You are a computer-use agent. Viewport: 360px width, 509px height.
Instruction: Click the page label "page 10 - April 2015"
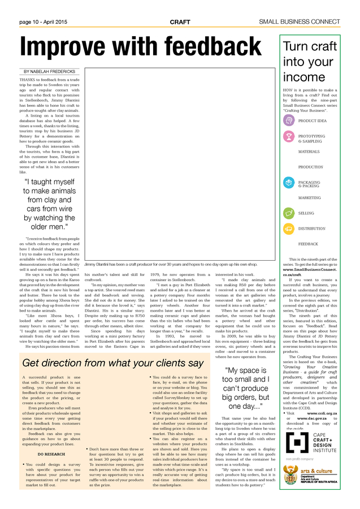coord(43,21)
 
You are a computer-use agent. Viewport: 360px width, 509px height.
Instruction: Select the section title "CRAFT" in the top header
coord(180,21)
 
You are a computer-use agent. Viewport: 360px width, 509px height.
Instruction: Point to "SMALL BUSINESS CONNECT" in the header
coord(307,21)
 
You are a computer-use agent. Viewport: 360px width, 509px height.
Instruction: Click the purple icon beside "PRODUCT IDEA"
coord(289,120)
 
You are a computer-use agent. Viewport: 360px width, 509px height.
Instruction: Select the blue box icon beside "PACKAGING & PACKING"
coord(289,183)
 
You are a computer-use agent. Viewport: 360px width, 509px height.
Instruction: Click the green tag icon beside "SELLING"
coord(289,213)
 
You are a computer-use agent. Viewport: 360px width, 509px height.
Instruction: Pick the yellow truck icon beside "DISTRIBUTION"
coord(289,228)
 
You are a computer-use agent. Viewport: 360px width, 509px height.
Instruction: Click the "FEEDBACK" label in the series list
coord(308,244)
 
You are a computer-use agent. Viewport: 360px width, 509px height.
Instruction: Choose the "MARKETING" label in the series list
coord(309,198)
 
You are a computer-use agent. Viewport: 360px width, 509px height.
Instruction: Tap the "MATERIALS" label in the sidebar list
coord(309,152)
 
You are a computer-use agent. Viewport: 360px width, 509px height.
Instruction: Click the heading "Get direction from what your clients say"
coord(113,347)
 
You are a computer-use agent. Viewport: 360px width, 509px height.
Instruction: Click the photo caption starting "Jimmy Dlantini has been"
coord(170,264)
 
